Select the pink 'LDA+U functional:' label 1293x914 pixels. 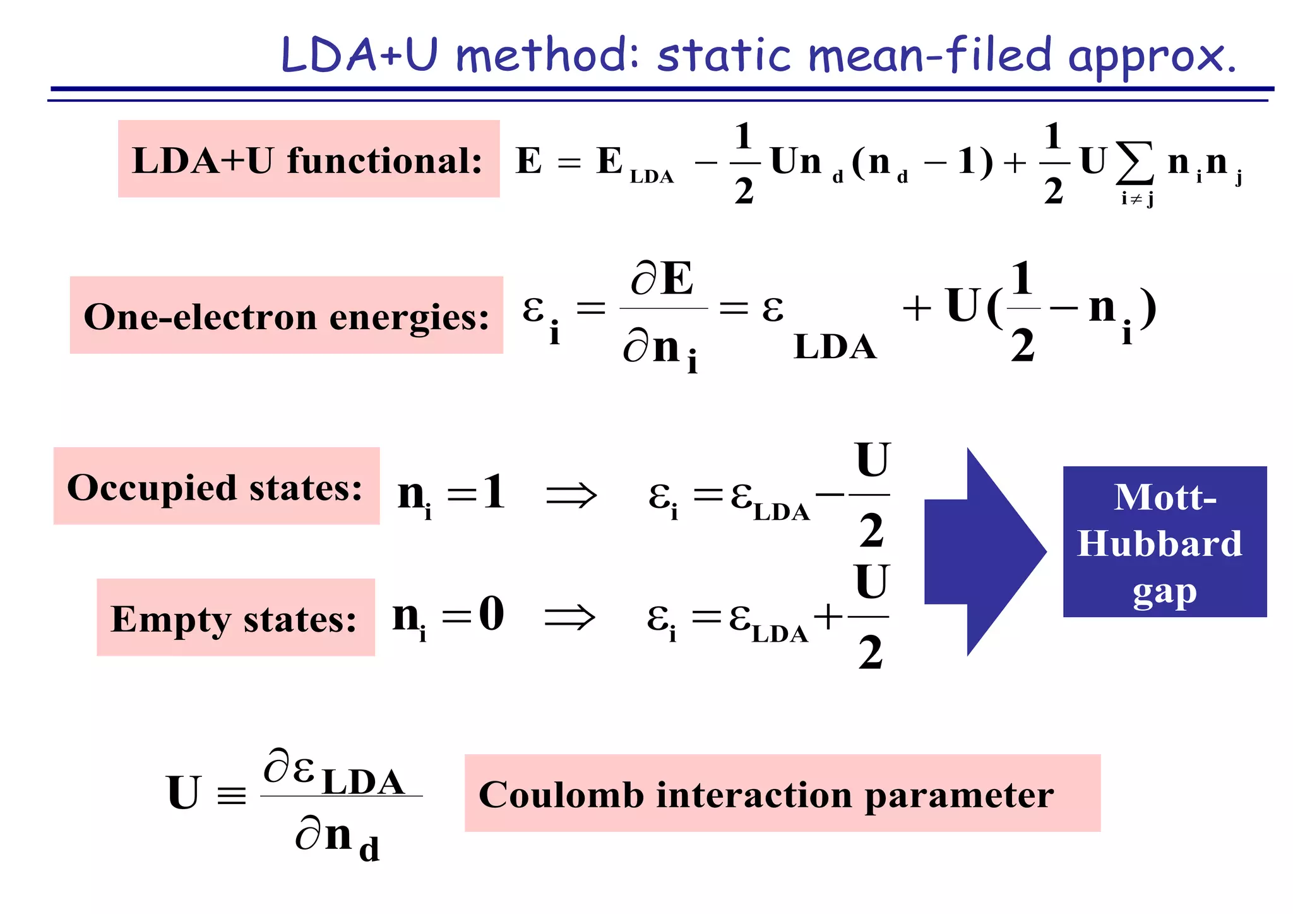coord(308,159)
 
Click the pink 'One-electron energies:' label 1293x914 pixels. coord(286,315)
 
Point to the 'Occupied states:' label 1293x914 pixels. coord(216,486)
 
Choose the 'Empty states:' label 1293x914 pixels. coord(235,618)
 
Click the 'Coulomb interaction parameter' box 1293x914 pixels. coord(782,793)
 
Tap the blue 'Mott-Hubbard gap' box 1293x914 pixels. coord(1164,542)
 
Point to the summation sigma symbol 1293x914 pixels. coord(1134,162)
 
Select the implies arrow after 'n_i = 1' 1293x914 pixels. coord(571,495)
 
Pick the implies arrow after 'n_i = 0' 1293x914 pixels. coord(569,616)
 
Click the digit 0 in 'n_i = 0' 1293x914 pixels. coord(491,613)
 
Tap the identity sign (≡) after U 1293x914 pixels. coord(231,795)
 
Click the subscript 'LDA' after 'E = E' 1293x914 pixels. coord(652,177)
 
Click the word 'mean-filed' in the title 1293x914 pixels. coord(929,56)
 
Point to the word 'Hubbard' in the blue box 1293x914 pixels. coord(1159,544)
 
